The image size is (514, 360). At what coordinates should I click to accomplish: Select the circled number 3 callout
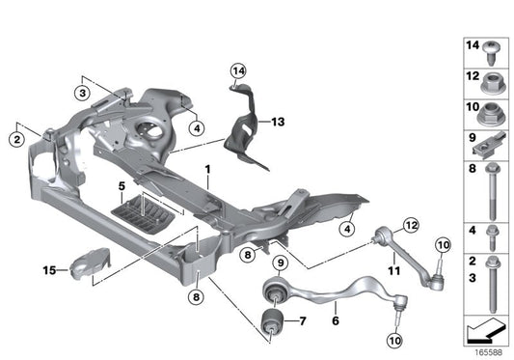[x=84, y=93]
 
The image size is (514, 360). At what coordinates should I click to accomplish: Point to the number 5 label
[x=122, y=183]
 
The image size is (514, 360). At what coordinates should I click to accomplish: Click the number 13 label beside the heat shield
[x=278, y=122]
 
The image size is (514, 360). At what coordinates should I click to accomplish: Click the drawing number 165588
[x=490, y=353]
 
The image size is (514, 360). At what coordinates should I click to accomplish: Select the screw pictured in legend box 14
[x=493, y=49]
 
